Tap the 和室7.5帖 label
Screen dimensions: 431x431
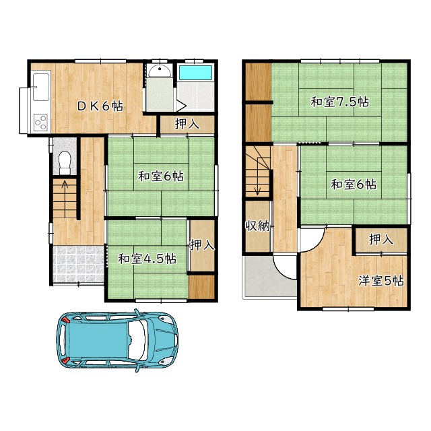tap(339, 102)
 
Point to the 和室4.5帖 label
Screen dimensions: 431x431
tap(147, 259)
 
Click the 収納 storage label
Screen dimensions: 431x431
tap(257, 226)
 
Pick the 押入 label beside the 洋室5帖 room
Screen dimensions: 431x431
tap(382, 240)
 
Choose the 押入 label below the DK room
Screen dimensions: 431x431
tap(187, 124)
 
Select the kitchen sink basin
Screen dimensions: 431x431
tap(40, 86)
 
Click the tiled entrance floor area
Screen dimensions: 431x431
tap(77, 263)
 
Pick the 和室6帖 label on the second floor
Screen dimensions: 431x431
tap(353, 184)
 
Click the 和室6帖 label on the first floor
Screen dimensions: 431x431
tap(161, 176)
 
